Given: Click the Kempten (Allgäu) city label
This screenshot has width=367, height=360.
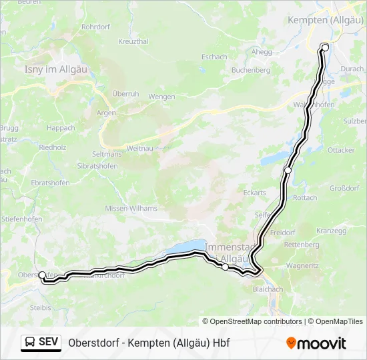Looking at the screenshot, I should click(x=325, y=21).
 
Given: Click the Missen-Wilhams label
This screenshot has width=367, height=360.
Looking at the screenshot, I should click(x=130, y=209).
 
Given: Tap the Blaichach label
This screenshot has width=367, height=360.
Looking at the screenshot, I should click(x=267, y=289).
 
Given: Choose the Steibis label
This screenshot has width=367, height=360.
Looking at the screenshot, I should click(x=41, y=307).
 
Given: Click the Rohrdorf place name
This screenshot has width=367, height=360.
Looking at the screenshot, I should click(x=95, y=27).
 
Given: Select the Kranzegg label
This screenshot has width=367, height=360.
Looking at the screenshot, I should click(x=332, y=231).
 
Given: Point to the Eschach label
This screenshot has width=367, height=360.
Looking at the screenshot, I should click(x=214, y=57).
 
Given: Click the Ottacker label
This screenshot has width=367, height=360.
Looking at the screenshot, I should click(x=341, y=151).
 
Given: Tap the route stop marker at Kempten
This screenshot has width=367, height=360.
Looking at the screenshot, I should click(x=325, y=47).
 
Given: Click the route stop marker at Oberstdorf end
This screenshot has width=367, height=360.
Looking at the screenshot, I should click(x=42, y=275).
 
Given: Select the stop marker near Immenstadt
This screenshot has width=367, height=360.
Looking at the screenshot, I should click(x=225, y=267).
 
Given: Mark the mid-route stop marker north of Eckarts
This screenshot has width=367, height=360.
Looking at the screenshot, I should click(x=288, y=171).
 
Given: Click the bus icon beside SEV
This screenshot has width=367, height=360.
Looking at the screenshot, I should click(x=30, y=343).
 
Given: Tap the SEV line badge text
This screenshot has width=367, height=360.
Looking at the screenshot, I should click(x=48, y=343).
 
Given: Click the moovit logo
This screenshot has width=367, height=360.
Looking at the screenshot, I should click(x=316, y=343).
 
